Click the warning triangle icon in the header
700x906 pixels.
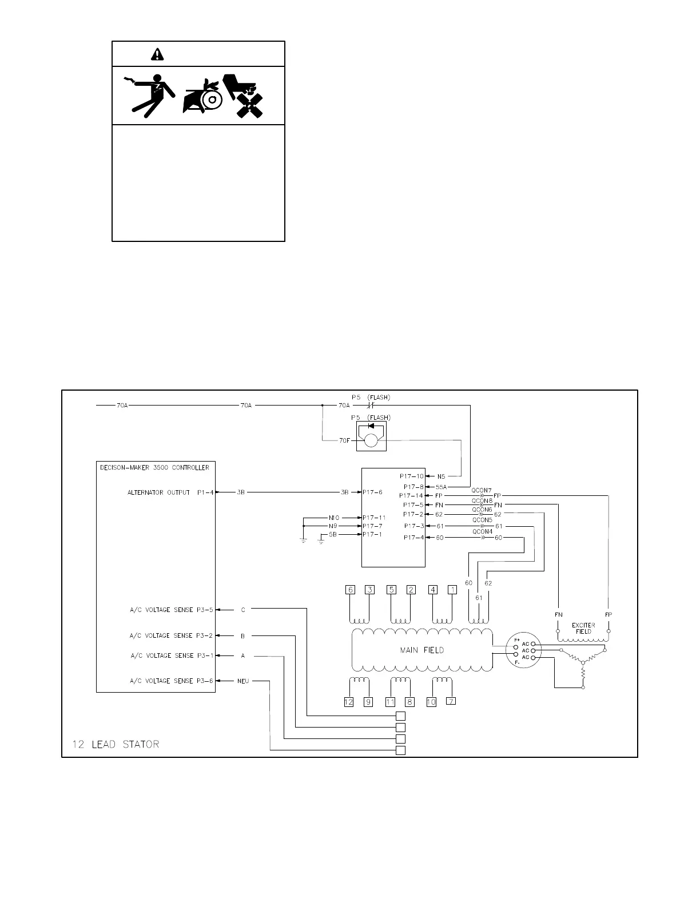coord(157,54)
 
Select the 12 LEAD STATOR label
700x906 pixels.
coord(116,744)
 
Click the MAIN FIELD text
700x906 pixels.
coord(421,650)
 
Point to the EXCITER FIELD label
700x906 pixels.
coord(583,628)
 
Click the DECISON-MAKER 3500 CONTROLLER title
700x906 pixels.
coord(154,467)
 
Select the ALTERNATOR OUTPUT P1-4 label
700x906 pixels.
coord(170,492)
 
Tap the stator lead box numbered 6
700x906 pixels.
coord(351,590)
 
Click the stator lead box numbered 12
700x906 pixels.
coord(349,702)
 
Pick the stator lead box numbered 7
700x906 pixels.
coord(451,701)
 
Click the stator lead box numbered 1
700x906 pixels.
coord(452,590)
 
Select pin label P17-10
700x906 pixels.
coord(411,476)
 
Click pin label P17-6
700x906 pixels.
coord(372,492)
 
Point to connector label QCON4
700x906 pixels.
coord(482,531)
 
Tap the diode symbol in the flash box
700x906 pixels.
coord(372,426)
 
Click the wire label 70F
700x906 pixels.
coord(344,440)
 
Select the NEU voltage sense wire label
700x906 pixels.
coord(243,681)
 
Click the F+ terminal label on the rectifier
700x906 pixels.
coord(516,639)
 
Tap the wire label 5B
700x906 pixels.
coord(332,534)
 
